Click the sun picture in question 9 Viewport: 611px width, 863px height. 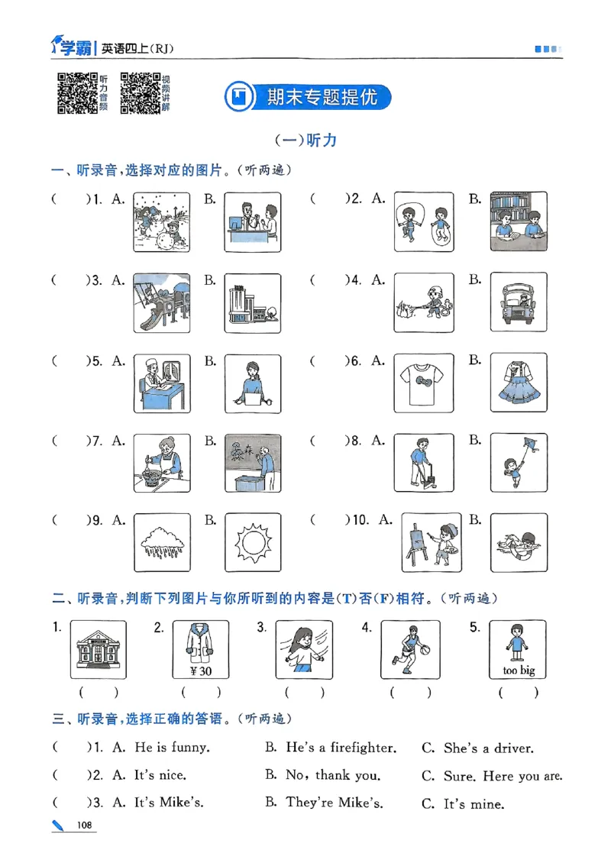coord(253,543)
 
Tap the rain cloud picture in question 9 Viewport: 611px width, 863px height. coord(162,543)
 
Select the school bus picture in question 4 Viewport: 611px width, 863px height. coord(518,302)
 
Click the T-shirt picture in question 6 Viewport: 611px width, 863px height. coord(423,383)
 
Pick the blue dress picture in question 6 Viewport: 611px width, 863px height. coord(518,383)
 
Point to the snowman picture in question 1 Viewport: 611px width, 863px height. coord(162,221)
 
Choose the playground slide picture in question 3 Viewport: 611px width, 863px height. coord(162,302)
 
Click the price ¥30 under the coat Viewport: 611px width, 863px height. coord(201,671)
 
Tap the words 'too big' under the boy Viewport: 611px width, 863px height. coord(518,671)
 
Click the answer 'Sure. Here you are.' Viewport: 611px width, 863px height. coord(503,776)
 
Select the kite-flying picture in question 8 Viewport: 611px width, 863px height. coord(518,463)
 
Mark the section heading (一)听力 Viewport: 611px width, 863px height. coord(305,141)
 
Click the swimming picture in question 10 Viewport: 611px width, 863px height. coord(518,543)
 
